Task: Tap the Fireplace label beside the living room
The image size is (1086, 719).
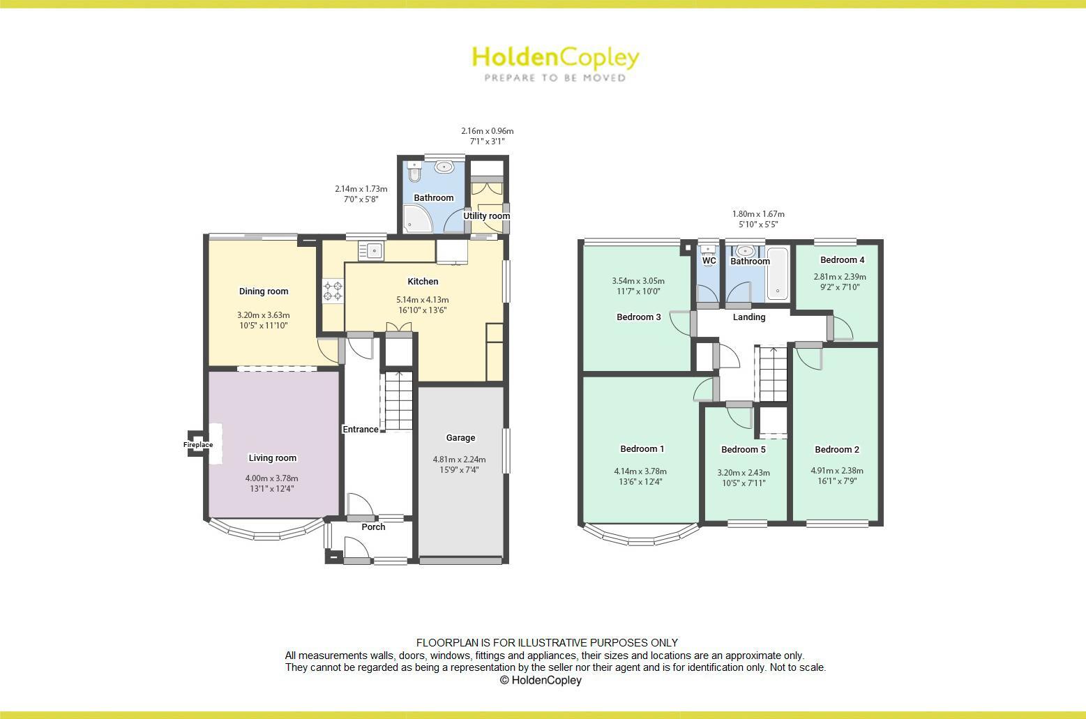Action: pos(198,445)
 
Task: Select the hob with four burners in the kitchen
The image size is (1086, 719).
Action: pos(333,291)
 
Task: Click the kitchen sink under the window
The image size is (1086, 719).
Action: pos(371,250)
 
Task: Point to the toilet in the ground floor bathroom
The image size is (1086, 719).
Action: pos(415,172)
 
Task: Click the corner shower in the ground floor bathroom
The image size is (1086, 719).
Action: pos(418,220)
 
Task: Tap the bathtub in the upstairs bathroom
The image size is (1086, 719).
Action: pos(777,273)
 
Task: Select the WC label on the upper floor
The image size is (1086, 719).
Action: pos(709,261)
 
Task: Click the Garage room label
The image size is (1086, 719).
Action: pos(460,438)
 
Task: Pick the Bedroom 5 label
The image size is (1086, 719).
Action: pos(744,450)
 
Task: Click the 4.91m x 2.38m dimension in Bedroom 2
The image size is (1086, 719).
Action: pos(836,471)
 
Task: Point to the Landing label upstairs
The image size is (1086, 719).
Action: pos(749,317)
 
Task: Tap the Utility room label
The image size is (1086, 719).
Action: pos(487,216)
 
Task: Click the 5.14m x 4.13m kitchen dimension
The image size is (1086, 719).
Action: pos(423,300)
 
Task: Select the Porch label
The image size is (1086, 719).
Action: pos(373,527)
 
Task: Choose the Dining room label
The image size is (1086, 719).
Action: pos(264,292)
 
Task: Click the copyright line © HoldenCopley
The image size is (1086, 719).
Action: pos(541,680)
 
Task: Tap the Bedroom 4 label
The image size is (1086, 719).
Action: pos(842,260)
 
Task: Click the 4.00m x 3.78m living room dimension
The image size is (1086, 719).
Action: pos(271,478)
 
